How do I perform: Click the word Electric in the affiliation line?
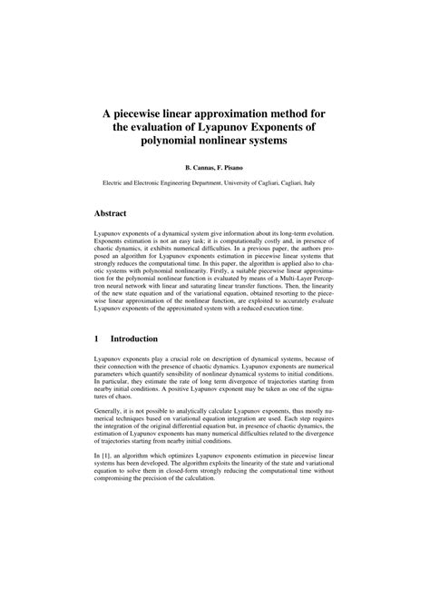pyautogui.click(x=114, y=181)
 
